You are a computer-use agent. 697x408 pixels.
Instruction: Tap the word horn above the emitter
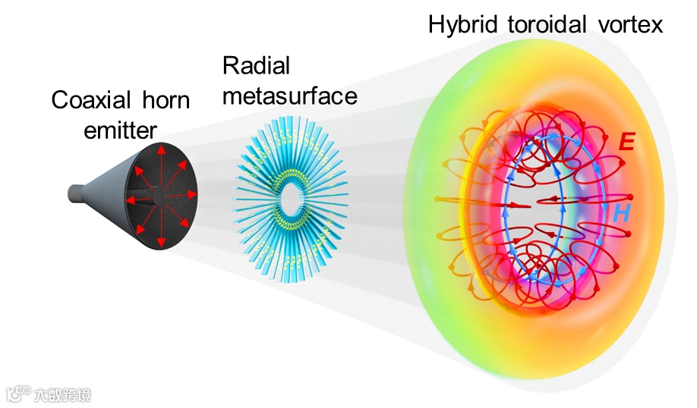[164, 101]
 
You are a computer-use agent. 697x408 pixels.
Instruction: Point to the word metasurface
[289, 96]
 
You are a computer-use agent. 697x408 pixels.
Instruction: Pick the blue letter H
[622, 214]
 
